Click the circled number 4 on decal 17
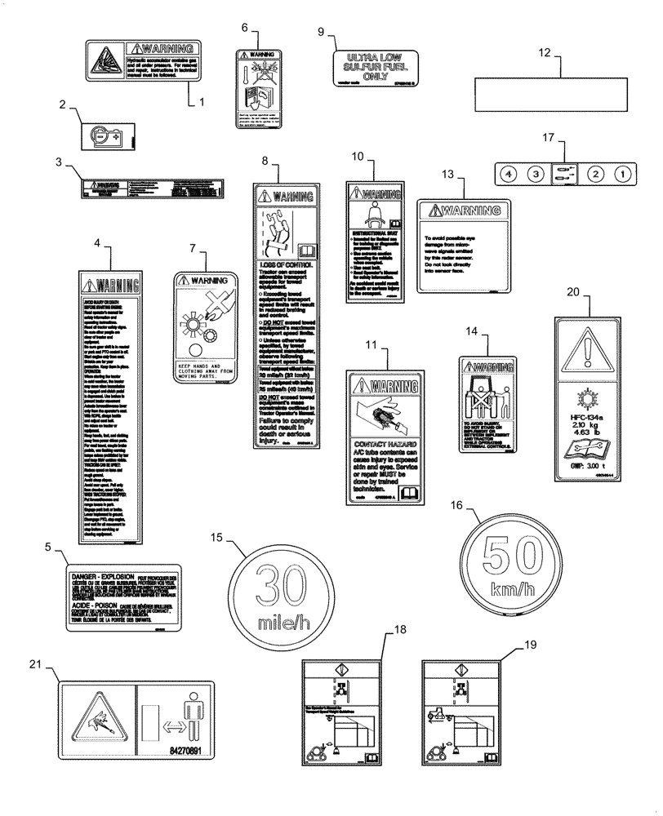(507, 174)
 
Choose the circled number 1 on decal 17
(622, 174)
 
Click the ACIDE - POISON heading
(91, 606)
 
